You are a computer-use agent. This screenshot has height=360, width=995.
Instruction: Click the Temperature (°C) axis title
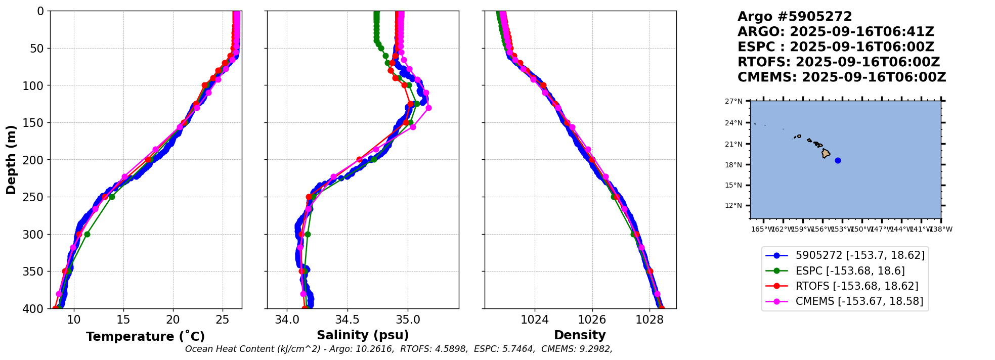(145, 337)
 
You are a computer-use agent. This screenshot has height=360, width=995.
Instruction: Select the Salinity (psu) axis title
(363, 335)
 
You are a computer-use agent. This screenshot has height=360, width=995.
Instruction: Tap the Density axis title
(580, 335)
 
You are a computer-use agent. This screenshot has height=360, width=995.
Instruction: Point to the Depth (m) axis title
(11, 160)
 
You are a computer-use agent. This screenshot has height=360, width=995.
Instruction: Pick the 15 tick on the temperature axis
(123, 320)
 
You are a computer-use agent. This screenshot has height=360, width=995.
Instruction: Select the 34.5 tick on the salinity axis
(348, 320)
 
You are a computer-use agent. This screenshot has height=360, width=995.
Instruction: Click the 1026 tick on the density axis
(592, 320)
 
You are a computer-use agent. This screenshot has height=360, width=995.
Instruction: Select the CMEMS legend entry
(859, 301)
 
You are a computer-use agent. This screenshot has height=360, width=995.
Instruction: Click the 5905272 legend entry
(859, 255)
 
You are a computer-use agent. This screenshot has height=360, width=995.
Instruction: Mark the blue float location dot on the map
(838, 160)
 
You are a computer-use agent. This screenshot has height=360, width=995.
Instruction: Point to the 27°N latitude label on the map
(733, 101)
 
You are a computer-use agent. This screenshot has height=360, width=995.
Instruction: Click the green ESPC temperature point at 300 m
(87, 234)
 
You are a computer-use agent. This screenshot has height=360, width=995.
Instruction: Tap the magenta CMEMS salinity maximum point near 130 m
(428, 108)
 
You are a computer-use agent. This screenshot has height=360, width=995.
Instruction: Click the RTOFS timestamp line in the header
(838, 62)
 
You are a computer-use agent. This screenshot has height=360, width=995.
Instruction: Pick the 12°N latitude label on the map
(733, 205)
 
